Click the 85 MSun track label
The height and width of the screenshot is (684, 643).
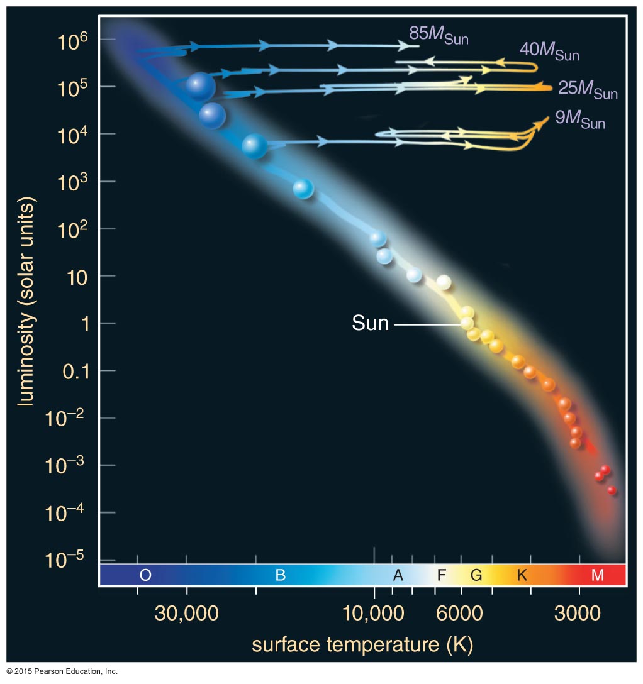click(x=439, y=35)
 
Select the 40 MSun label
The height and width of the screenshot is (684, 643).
click(x=549, y=52)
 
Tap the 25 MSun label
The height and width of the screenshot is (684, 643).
click(x=588, y=89)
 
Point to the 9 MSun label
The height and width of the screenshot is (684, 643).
click(x=580, y=119)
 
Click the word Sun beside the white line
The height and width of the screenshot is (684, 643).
click(x=370, y=324)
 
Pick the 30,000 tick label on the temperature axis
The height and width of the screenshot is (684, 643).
click(x=186, y=613)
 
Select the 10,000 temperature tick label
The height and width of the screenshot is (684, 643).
click(x=375, y=613)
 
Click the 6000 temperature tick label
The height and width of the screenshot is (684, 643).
click(x=462, y=613)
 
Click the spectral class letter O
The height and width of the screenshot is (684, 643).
click(x=145, y=575)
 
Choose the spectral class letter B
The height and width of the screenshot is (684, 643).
click(x=281, y=575)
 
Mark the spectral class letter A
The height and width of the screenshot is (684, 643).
click(x=398, y=575)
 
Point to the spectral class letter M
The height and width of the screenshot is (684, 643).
click(x=598, y=575)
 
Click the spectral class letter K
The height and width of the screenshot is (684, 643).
click(x=522, y=575)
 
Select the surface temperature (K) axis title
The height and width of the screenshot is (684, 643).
click(x=362, y=645)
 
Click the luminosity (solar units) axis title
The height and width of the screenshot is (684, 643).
click(x=26, y=301)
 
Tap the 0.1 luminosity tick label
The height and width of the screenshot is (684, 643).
click(x=77, y=371)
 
